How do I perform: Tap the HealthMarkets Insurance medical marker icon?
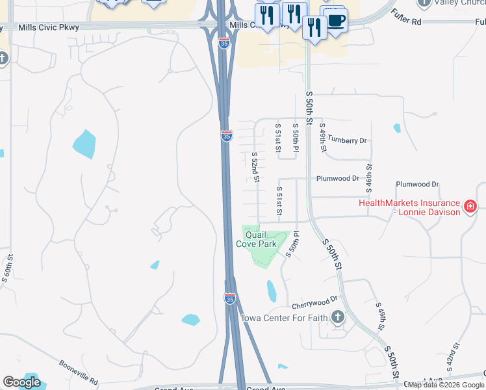[x=471, y=207]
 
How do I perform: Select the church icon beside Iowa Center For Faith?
[x=337, y=317]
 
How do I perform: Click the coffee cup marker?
[x=335, y=19]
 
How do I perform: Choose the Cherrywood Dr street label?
[x=315, y=302]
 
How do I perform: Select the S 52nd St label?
[x=256, y=167]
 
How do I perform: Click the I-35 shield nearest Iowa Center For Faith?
[x=230, y=298]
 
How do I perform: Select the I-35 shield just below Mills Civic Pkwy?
[x=224, y=44]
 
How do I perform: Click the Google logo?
[x=21, y=382]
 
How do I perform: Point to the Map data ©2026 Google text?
[x=446, y=385]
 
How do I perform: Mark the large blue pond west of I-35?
[x=84, y=144]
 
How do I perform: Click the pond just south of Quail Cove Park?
[x=271, y=291]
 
